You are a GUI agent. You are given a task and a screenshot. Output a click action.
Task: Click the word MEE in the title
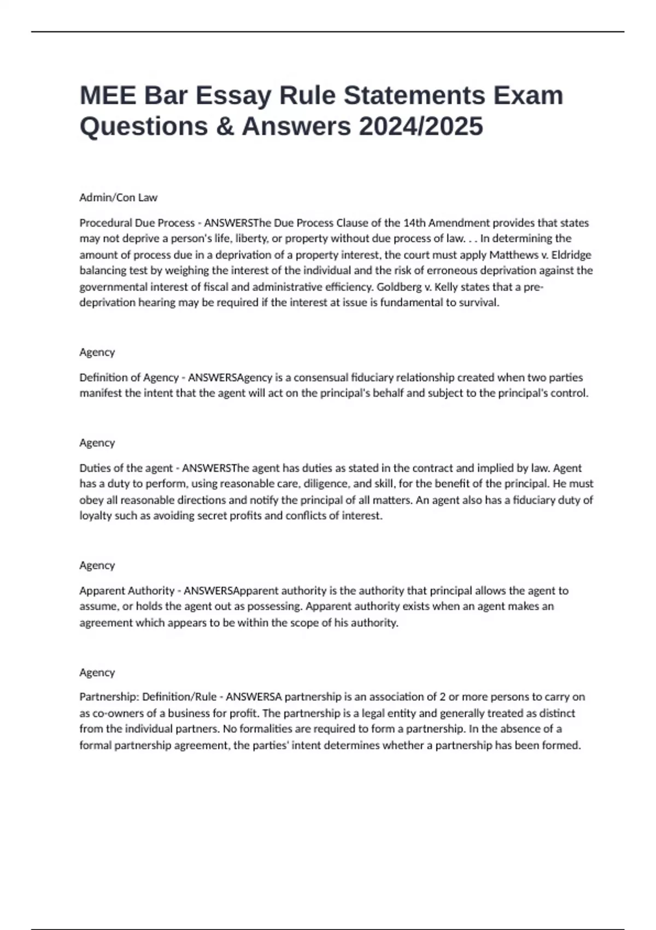click(107, 96)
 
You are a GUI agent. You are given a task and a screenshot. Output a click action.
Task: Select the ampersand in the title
click(224, 126)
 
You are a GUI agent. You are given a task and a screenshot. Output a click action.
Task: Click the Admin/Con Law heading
click(118, 197)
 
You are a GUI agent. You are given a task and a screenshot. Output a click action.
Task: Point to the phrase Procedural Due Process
click(137, 223)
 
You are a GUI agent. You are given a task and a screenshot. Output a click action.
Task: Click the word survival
click(479, 303)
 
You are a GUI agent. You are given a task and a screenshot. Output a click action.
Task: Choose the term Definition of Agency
click(129, 377)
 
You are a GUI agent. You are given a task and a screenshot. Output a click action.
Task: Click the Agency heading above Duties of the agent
click(97, 443)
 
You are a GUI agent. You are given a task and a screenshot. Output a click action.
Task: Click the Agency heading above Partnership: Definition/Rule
click(97, 672)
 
